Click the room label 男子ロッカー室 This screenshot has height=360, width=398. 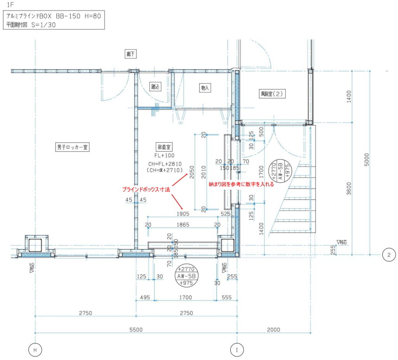pos(72,147)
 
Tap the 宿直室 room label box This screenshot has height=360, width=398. pos(164,147)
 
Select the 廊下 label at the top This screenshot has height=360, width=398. pos(131,54)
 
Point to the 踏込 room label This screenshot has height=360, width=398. pos(155,87)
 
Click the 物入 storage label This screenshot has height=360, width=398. pos(205,88)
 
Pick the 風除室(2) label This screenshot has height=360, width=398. pos(272,94)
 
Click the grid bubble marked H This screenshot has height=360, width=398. pos(35,350)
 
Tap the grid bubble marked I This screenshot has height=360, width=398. pos(237,350)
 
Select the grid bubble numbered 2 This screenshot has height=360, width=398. pos(389,255)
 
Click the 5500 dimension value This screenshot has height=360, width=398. pos(136,330)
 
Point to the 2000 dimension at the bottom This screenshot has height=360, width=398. pos(274,330)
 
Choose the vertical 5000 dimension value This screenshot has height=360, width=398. pos(367,160)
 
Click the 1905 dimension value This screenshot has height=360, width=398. pos(183,214)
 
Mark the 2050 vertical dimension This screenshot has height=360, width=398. pos(192,172)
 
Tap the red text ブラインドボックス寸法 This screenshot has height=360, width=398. pos(146,189)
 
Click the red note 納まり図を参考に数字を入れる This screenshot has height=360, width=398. pos(241,184)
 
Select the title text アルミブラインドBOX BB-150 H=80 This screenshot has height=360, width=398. pos(54,16)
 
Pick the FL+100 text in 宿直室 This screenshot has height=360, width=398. pos(164,156)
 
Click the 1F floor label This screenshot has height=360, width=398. pos(10,5)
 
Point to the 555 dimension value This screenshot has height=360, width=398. pos(227,297)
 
